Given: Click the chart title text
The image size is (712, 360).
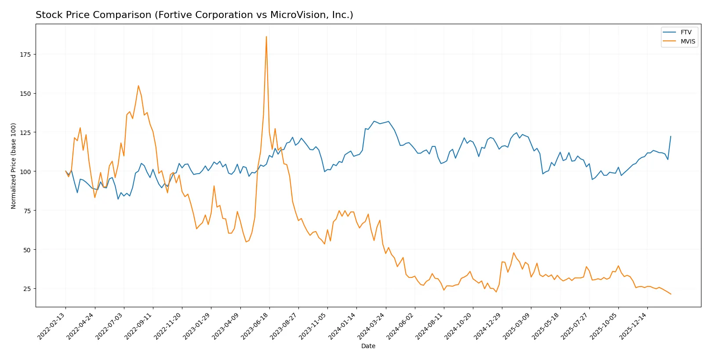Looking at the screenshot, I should (x=194, y=15).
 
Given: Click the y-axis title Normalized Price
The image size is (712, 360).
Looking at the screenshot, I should (x=14, y=166).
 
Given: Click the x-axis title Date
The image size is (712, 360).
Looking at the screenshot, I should (x=368, y=346).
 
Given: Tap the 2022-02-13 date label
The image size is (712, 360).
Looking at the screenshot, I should (x=52, y=326).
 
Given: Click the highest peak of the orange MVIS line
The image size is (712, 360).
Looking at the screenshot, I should (x=266, y=37).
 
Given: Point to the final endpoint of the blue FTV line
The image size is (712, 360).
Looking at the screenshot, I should (x=671, y=136).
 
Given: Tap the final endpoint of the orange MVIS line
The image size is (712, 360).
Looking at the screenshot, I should (x=671, y=294).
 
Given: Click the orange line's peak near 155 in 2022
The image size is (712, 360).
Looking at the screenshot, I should (x=138, y=86).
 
